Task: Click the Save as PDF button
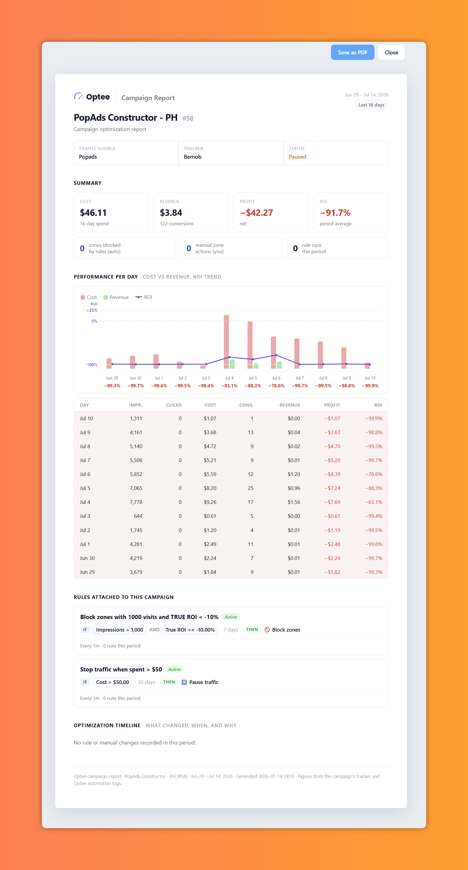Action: pos(352,52)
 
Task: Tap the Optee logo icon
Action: pos(79,96)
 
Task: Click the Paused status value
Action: pos(297,157)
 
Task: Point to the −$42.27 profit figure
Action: pos(256,213)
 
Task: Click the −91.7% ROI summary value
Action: pos(335,213)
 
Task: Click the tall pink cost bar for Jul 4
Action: pos(226,342)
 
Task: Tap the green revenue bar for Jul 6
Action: pos(279,365)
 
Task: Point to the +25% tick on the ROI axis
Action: pos(92,310)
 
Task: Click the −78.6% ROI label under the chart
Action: pos(276,386)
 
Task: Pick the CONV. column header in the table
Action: pos(246,405)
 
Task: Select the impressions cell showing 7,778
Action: pos(136,502)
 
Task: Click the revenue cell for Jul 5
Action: pos(294,488)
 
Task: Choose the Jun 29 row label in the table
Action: pos(87,572)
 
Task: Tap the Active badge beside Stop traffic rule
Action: pos(174,670)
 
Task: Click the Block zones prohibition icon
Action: pos(267,630)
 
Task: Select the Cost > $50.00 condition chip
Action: pos(112,682)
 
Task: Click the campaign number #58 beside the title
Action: pos(188,119)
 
